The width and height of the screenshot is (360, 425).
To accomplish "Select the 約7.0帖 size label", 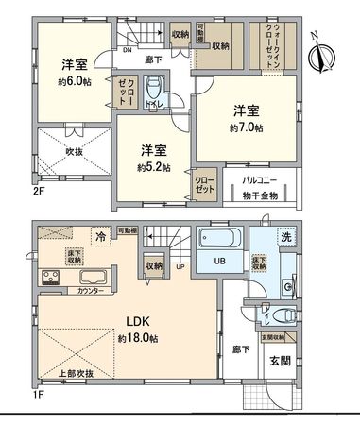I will point(248,127).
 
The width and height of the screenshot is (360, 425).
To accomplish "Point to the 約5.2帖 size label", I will point(153,167).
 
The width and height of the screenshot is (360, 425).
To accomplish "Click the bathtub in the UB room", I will point(220,237).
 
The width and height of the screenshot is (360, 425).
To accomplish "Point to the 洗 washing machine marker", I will point(283,235).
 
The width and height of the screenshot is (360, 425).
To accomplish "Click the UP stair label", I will point(180,266).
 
